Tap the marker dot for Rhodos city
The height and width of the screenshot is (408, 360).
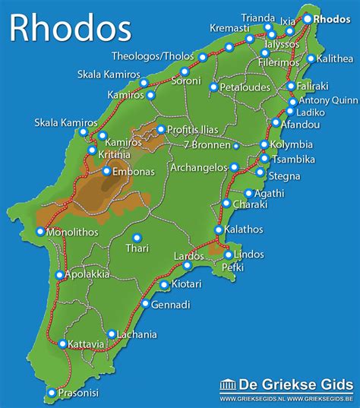point(308,19)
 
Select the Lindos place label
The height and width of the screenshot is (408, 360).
point(250,254)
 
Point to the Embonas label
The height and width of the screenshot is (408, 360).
point(134,172)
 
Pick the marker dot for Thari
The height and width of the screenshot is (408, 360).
point(137,238)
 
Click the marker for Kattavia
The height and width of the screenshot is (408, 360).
point(62,344)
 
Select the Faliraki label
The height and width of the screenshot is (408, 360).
point(312,87)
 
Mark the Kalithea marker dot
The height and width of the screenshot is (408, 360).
point(310,58)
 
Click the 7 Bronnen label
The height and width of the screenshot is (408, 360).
point(207,145)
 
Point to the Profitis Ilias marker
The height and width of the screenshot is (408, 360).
point(160,129)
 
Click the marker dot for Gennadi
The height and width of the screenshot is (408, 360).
point(145,304)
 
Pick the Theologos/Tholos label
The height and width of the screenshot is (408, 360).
point(153,56)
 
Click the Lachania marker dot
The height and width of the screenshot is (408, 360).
point(112,334)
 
